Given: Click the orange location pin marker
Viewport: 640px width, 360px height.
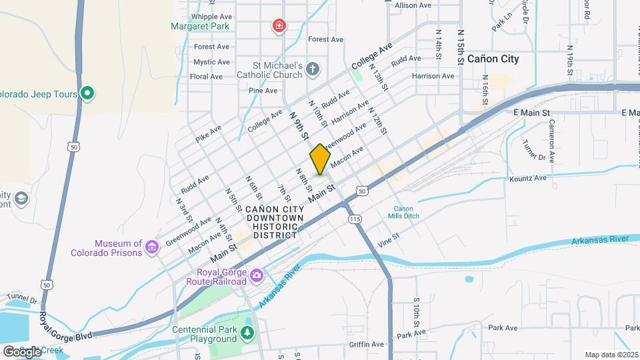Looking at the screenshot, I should click(320, 159).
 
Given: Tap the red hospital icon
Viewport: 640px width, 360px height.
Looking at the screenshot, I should click(279, 27).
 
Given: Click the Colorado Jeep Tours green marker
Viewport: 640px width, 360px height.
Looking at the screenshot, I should click(87, 93).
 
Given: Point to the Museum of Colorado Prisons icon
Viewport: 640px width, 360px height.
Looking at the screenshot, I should click(152, 248).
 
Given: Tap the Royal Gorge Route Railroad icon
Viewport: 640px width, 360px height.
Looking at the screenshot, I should click(257, 275).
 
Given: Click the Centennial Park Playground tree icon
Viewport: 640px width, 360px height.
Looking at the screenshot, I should click(248, 332).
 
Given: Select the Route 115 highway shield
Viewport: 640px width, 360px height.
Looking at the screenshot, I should click(354, 219).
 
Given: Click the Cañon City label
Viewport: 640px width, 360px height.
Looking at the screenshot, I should click(493, 59).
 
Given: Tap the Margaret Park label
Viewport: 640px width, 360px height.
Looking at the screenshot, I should click(200, 27).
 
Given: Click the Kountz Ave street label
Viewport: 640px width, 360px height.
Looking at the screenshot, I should click(527, 179).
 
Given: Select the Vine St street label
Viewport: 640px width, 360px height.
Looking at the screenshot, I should click(388, 237).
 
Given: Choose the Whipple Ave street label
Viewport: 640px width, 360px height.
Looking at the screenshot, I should click(211, 17).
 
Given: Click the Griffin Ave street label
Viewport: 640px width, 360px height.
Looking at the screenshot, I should click(366, 344).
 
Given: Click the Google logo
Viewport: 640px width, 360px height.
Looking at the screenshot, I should click(21, 351).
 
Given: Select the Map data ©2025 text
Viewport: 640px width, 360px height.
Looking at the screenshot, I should click(611, 355).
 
